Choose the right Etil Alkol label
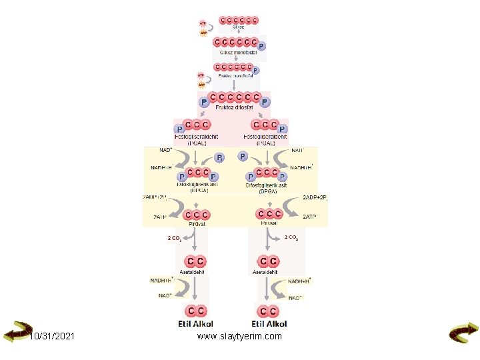(x=269, y=323)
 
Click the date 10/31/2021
(x=52, y=336)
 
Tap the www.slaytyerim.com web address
(x=239, y=336)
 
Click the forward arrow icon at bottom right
(x=463, y=333)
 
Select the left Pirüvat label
(x=197, y=224)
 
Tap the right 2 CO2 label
(x=291, y=237)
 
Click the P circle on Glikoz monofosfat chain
(x=261, y=46)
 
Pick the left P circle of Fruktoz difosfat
(x=204, y=103)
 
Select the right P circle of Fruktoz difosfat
(x=265, y=103)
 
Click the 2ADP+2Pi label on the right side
(x=315, y=198)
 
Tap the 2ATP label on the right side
(x=310, y=217)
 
